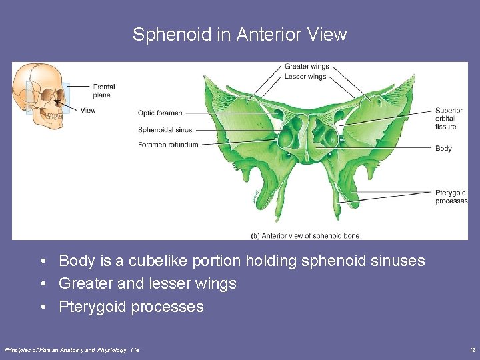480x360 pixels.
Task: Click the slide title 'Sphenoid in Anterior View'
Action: click(x=239, y=35)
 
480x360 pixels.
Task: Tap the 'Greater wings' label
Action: click(x=307, y=67)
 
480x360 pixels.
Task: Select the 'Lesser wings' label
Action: click(x=305, y=77)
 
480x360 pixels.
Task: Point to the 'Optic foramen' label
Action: click(x=160, y=113)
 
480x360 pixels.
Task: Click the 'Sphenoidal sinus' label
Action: click(x=165, y=129)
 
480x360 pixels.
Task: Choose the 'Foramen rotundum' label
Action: click(x=168, y=145)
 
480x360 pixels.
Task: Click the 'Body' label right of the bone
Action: click(x=443, y=148)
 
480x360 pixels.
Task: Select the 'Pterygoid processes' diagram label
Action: click(x=451, y=197)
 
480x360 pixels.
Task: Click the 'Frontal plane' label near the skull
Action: click(x=104, y=91)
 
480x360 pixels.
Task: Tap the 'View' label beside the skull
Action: click(x=88, y=110)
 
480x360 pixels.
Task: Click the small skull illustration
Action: click(x=40, y=97)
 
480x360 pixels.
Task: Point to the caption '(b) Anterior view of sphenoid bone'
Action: click(x=305, y=235)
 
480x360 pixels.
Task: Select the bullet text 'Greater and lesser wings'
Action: click(x=147, y=283)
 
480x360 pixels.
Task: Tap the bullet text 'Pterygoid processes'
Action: click(x=131, y=307)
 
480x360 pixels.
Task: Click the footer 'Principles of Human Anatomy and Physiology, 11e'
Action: click(x=72, y=349)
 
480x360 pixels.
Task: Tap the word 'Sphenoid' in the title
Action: click(x=172, y=35)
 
